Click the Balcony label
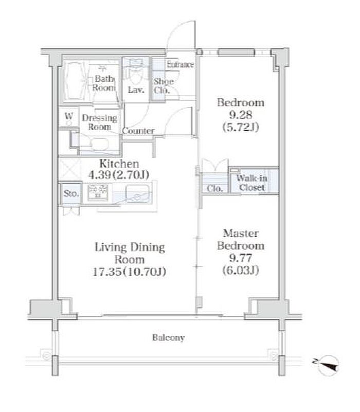coord(169,337)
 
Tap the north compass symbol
coord(328,365)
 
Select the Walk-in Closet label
coord(251,183)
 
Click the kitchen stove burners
coord(98,192)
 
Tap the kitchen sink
coord(137,193)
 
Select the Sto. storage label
coord(71,193)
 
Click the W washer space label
coord(68,116)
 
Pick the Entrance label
coord(181,64)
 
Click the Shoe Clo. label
coord(164,86)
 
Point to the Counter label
coord(138,131)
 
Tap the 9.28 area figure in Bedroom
coord(241,115)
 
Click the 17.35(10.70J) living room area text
coord(130,272)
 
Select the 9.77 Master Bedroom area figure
coord(241,258)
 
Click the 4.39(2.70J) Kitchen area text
coord(119,175)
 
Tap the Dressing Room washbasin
coord(100,143)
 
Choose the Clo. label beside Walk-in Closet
coord(214,188)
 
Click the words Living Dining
coord(130,247)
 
